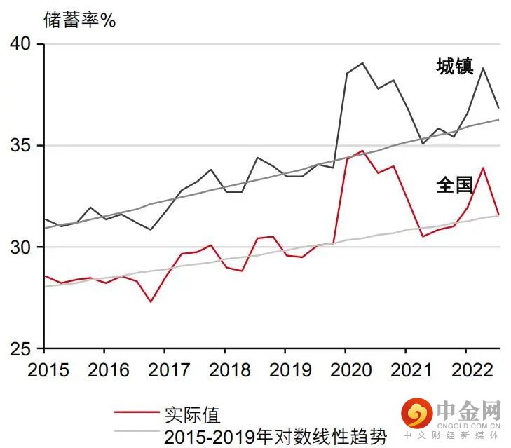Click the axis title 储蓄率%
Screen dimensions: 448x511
79,19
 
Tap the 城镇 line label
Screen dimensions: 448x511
454,67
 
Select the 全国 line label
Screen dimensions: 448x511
454,186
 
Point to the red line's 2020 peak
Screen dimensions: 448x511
362,150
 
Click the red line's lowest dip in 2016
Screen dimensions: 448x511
151,302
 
